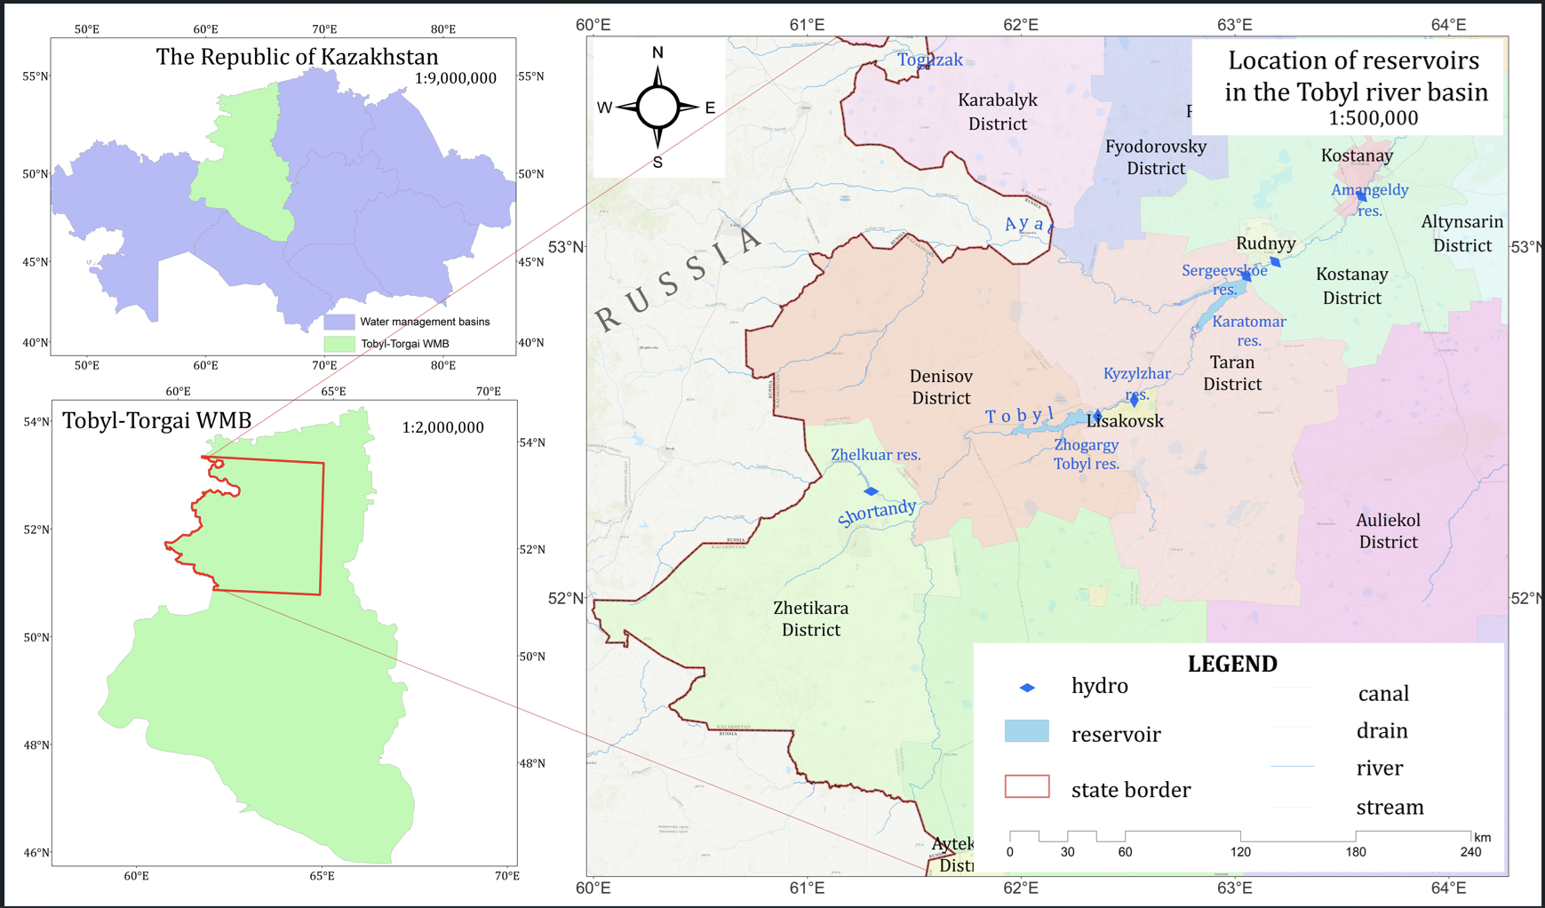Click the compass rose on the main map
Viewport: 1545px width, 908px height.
point(657,108)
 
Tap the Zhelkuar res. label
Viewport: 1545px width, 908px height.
point(875,455)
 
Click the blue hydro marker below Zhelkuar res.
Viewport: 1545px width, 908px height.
point(871,491)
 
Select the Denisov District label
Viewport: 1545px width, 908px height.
point(941,387)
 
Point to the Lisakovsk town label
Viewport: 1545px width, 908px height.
point(1126,421)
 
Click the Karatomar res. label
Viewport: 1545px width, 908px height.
point(1248,331)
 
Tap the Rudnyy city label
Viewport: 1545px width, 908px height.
point(1265,243)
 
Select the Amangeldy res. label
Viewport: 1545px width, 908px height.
point(1369,199)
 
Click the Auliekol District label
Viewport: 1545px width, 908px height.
point(1388,530)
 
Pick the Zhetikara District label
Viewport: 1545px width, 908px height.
point(810,618)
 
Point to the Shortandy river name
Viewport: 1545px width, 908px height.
point(877,513)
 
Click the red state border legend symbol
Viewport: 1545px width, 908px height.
point(1027,786)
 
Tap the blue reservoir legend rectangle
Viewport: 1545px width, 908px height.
point(1026,731)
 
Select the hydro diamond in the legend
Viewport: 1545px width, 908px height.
point(1027,688)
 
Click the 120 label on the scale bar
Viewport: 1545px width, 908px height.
point(1240,852)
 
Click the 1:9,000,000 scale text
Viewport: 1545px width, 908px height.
point(455,78)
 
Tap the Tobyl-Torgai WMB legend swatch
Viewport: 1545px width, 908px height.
point(339,344)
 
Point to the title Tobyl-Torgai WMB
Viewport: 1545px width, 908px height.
point(156,420)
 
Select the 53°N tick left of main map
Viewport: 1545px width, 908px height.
point(566,247)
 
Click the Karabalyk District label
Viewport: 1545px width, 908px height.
point(997,112)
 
